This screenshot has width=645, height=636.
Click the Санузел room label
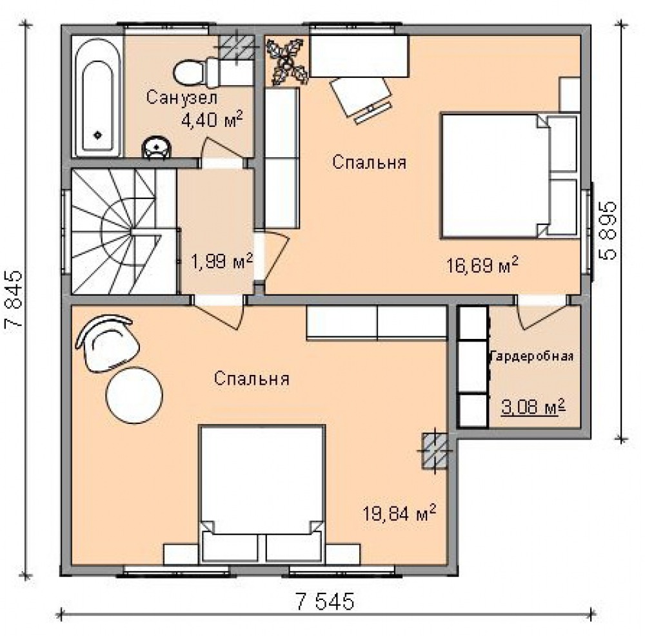point(182,97)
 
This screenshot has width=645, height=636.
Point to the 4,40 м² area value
point(212,119)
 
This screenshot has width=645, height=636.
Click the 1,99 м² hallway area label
point(222,261)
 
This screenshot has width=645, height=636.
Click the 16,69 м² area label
point(482,265)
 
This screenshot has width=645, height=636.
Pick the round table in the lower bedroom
point(134,395)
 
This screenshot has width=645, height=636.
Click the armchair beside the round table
point(107,343)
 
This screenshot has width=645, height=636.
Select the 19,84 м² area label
point(399,513)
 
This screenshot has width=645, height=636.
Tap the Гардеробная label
point(532,356)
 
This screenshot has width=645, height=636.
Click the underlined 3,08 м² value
point(533,407)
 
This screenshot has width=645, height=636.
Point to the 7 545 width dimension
point(324,601)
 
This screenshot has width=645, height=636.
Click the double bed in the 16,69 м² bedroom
point(510,176)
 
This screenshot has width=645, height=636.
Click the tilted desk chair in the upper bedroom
point(361,99)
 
